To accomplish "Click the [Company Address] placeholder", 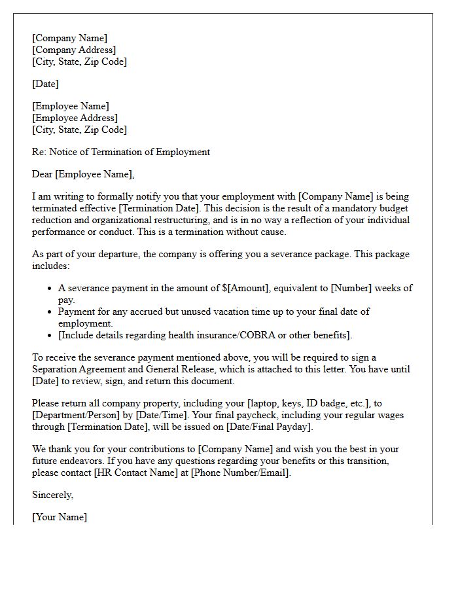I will [x=74, y=50].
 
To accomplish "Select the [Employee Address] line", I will [x=75, y=118].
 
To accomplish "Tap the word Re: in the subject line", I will [x=40, y=152].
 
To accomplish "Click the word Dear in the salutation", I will [x=43, y=174].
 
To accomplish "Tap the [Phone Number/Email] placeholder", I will [x=240, y=473].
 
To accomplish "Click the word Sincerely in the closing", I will [x=52, y=495].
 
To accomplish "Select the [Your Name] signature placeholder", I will [x=60, y=517].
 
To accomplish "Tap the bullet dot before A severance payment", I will [x=50, y=289].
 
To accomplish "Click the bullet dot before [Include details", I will [x=50, y=336].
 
